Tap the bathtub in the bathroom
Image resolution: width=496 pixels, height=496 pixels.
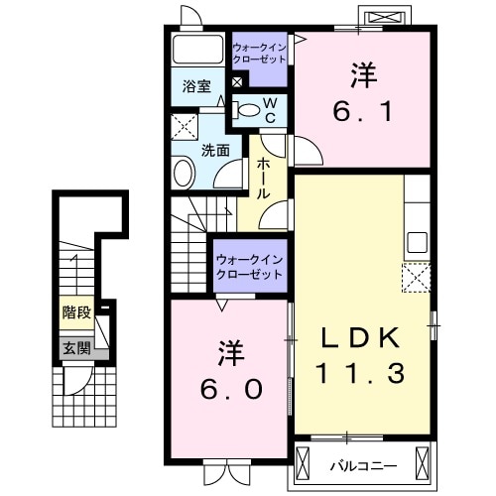point(198,52)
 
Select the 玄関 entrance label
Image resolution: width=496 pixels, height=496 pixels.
point(75,347)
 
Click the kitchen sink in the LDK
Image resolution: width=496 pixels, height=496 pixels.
point(417,242)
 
